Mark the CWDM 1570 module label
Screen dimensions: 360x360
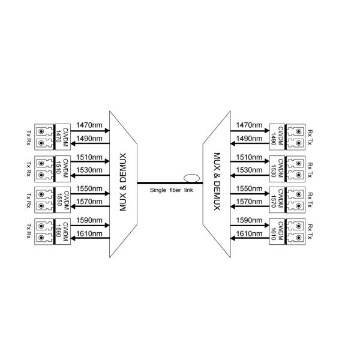(x=277, y=197)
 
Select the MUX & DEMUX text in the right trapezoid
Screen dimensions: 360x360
(x=218, y=182)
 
